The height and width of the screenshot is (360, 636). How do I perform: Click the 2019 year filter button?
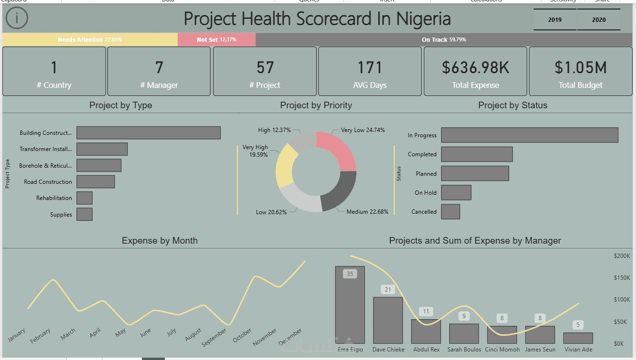coord(555,20)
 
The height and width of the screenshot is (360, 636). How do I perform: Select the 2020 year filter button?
coord(598,20)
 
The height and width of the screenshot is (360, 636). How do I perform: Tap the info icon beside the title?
coord(17,19)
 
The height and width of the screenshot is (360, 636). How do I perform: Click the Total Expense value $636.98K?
coord(475,68)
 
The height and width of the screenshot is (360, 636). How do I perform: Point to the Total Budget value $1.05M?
coord(580,68)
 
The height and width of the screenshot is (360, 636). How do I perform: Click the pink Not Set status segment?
coord(217,39)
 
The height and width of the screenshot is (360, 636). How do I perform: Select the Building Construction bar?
coord(148,133)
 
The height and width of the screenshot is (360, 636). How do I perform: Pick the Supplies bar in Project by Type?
coord(85,214)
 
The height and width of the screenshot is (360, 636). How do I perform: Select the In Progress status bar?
coord(530,135)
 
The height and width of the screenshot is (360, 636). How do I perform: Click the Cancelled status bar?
coord(450,212)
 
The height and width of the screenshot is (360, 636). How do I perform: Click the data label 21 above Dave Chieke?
coord(388,290)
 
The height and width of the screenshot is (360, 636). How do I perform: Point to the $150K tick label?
coord(621,278)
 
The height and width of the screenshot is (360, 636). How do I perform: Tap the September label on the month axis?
coord(214,337)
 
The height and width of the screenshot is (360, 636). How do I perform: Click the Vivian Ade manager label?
coord(578,350)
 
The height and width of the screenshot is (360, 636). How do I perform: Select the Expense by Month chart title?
coord(160,241)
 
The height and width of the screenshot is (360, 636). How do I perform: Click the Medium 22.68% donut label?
coord(367,212)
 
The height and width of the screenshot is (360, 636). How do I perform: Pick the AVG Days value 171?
coord(370,68)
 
